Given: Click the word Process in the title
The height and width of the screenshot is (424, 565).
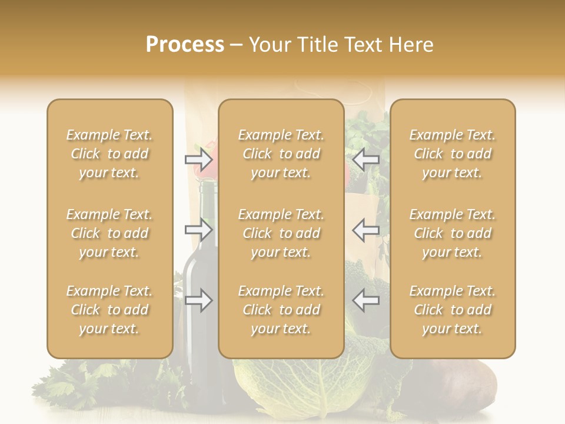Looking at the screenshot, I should coord(185,45).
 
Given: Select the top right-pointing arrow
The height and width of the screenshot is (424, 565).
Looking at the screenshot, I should coord(198,159).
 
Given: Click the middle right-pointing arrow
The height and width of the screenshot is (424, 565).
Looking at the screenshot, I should coord(198,230).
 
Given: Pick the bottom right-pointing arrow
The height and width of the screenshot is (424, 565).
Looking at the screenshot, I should coord(198,300).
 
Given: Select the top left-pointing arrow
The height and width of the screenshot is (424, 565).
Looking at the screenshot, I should coord(366,159).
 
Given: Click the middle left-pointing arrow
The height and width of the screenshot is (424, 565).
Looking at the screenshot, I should coord(366,230).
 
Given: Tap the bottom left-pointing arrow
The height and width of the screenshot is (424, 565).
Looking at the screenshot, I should coord(366,300).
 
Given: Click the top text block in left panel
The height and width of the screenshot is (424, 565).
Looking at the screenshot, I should coord(109,154).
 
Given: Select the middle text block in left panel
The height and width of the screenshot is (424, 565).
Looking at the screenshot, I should coord(109,233).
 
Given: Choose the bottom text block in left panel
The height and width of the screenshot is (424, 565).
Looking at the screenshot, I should coord(109,310).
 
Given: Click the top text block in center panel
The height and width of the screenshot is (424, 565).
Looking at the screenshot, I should coord(281,154).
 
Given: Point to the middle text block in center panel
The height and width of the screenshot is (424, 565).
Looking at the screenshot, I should coord(281,233).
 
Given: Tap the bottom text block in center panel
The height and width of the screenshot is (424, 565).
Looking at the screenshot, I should coord(281,310).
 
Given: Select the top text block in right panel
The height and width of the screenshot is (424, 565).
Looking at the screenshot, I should coord(452,154).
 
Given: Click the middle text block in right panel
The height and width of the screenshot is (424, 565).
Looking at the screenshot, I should coord(452,233).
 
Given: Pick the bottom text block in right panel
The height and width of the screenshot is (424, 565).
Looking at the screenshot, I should coord(452,310).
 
